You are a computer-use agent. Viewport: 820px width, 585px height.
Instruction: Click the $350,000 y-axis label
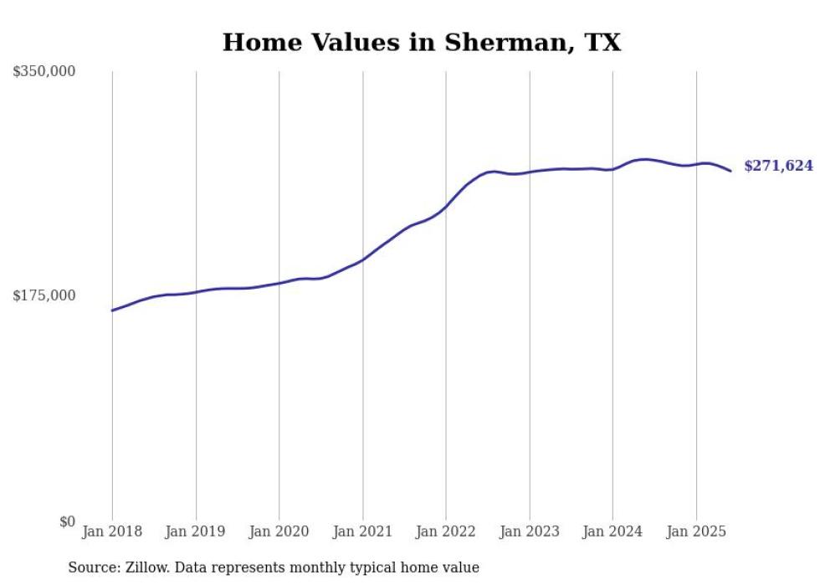(x=44, y=72)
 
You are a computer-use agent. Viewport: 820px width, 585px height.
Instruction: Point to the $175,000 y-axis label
(x=44, y=295)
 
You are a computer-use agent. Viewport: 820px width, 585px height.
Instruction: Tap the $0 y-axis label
(x=67, y=521)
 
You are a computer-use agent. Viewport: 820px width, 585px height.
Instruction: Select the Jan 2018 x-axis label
(x=112, y=531)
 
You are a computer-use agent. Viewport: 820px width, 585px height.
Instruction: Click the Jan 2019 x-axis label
(x=196, y=531)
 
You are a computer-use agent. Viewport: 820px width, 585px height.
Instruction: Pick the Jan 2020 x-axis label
(x=279, y=531)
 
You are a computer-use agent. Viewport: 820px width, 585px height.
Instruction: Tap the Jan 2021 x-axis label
(x=362, y=531)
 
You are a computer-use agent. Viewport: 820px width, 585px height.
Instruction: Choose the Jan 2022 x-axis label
(x=446, y=531)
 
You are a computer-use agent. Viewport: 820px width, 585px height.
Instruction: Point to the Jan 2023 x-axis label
(x=529, y=531)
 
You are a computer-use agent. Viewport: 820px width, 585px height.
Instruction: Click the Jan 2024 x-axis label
(x=612, y=531)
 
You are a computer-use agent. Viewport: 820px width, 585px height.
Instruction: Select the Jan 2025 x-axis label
(x=695, y=531)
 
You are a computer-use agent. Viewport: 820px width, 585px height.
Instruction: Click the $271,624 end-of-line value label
(x=778, y=167)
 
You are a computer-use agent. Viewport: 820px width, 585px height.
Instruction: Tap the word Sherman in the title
(x=496, y=43)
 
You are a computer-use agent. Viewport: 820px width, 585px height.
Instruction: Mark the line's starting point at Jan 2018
(x=112, y=310)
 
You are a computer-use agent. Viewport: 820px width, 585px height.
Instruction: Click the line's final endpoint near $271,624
(x=730, y=171)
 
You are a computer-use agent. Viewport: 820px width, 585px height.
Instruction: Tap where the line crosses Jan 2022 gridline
(x=446, y=207)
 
